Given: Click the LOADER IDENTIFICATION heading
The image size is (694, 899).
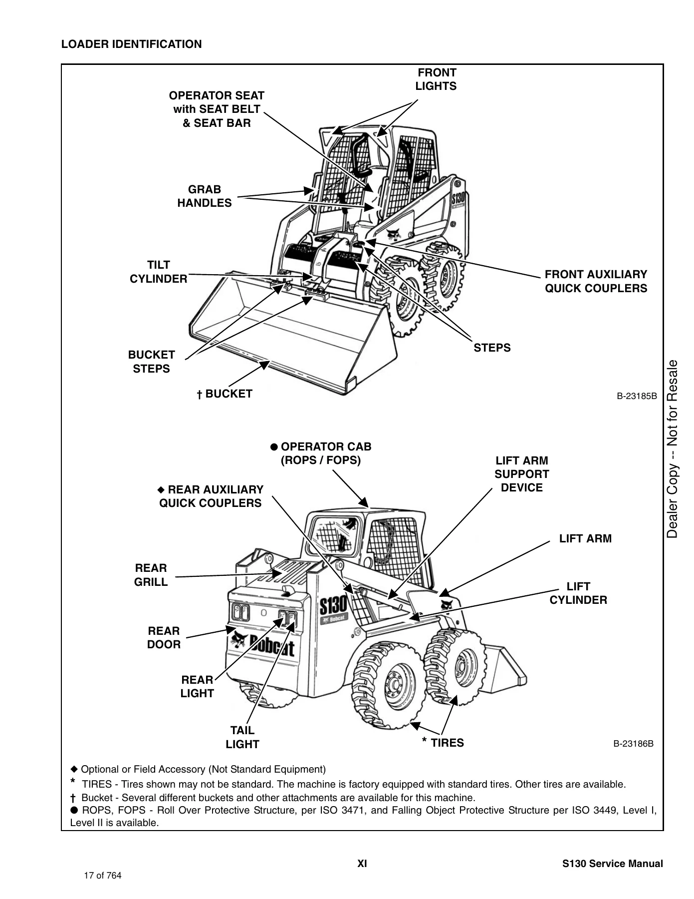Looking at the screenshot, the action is tap(132, 44).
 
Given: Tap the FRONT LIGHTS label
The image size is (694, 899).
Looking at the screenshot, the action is tap(437, 79).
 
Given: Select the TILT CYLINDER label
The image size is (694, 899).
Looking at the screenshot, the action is tap(159, 272).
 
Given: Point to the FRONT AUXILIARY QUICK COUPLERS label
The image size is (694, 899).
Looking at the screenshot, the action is tap(596, 281).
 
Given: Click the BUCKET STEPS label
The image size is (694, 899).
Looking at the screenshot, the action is tap(152, 362).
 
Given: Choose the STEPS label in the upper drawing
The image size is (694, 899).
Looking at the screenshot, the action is tap(492, 348).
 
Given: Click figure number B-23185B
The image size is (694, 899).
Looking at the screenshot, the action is tap(637, 397).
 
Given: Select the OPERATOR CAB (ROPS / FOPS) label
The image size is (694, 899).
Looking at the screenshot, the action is tap(321, 453).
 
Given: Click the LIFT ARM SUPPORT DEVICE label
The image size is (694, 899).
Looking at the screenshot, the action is tap(522, 474).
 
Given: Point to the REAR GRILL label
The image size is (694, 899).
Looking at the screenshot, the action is tap(151, 575).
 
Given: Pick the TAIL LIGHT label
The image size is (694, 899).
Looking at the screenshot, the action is tap(242, 737).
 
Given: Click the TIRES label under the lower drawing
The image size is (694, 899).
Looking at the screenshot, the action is tap(443, 743).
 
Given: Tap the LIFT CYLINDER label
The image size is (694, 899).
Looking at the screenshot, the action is tap(579, 593).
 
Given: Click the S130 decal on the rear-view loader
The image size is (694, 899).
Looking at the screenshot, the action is tap(333, 606).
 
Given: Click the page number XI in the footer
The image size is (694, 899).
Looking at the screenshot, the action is tap(362, 864).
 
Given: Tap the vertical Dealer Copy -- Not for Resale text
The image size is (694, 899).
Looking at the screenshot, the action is tap(673, 449).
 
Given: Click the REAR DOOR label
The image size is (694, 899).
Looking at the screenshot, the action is tap(164, 638).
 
